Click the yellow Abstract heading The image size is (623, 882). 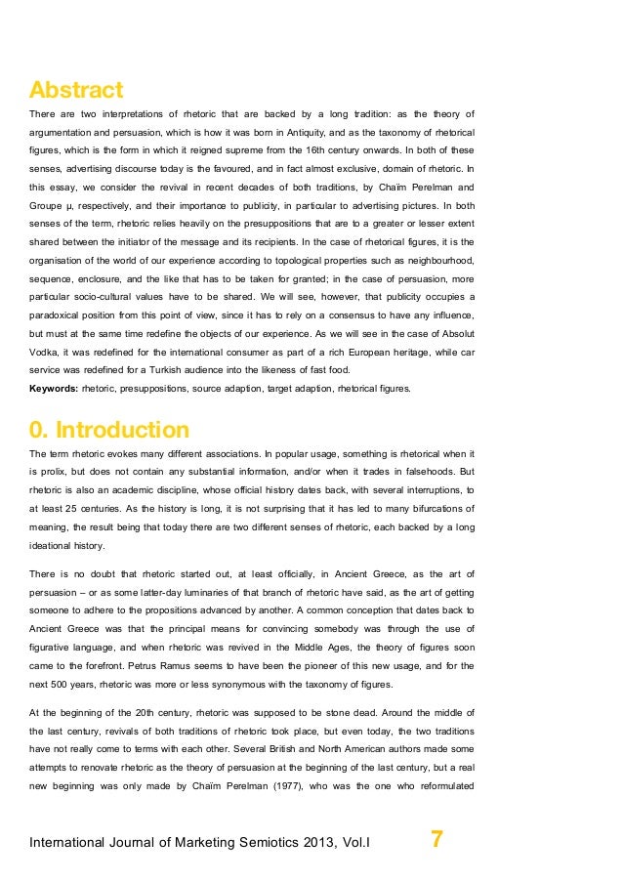[76, 91]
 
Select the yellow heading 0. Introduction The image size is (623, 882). [109, 430]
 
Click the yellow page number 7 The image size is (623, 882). [436, 839]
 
